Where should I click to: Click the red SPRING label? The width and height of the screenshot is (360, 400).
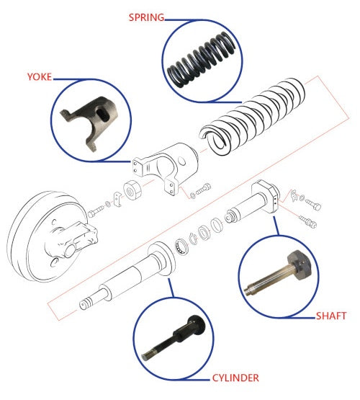point(146,17)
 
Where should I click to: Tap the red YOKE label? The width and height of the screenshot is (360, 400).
point(40,77)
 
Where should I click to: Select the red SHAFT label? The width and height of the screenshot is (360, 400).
point(331,316)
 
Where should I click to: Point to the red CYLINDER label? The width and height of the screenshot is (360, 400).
point(235,378)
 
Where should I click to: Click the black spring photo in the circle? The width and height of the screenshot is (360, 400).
point(201,60)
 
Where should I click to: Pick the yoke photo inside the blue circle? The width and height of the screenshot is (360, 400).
point(89,123)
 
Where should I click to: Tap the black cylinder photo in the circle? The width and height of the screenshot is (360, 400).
point(174,337)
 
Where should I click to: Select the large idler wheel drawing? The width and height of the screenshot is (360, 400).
point(51,236)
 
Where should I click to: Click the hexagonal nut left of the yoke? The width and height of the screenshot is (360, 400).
point(132,190)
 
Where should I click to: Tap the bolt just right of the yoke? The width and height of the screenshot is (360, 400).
point(203,189)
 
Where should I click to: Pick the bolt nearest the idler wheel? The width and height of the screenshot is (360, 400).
point(96,211)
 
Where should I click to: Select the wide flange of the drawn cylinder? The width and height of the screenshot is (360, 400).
point(162,259)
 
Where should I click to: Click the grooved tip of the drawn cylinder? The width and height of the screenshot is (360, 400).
point(86,303)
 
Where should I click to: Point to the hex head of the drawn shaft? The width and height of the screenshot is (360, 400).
point(266,195)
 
